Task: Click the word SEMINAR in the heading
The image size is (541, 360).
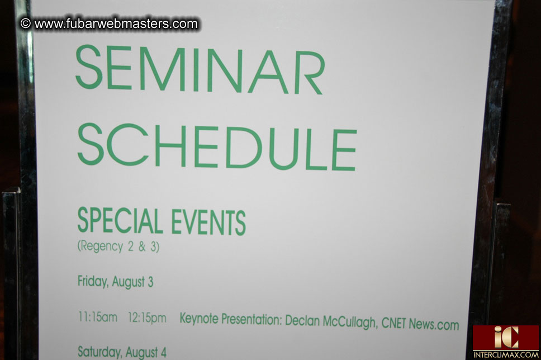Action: [200, 69]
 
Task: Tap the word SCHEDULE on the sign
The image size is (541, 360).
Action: [216, 146]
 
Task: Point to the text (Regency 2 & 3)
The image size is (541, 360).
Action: [118, 246]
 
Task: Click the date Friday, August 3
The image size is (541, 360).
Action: [115, 282]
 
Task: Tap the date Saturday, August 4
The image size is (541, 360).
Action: [122, 352]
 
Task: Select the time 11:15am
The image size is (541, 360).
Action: [98, 318]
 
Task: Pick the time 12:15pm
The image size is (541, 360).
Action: [146, 318]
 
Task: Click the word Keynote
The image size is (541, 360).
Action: [199, 320]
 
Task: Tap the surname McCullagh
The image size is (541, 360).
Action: [349, 323]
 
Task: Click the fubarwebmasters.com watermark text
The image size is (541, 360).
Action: [116, 24]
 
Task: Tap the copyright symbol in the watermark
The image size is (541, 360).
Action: [25, 23]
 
